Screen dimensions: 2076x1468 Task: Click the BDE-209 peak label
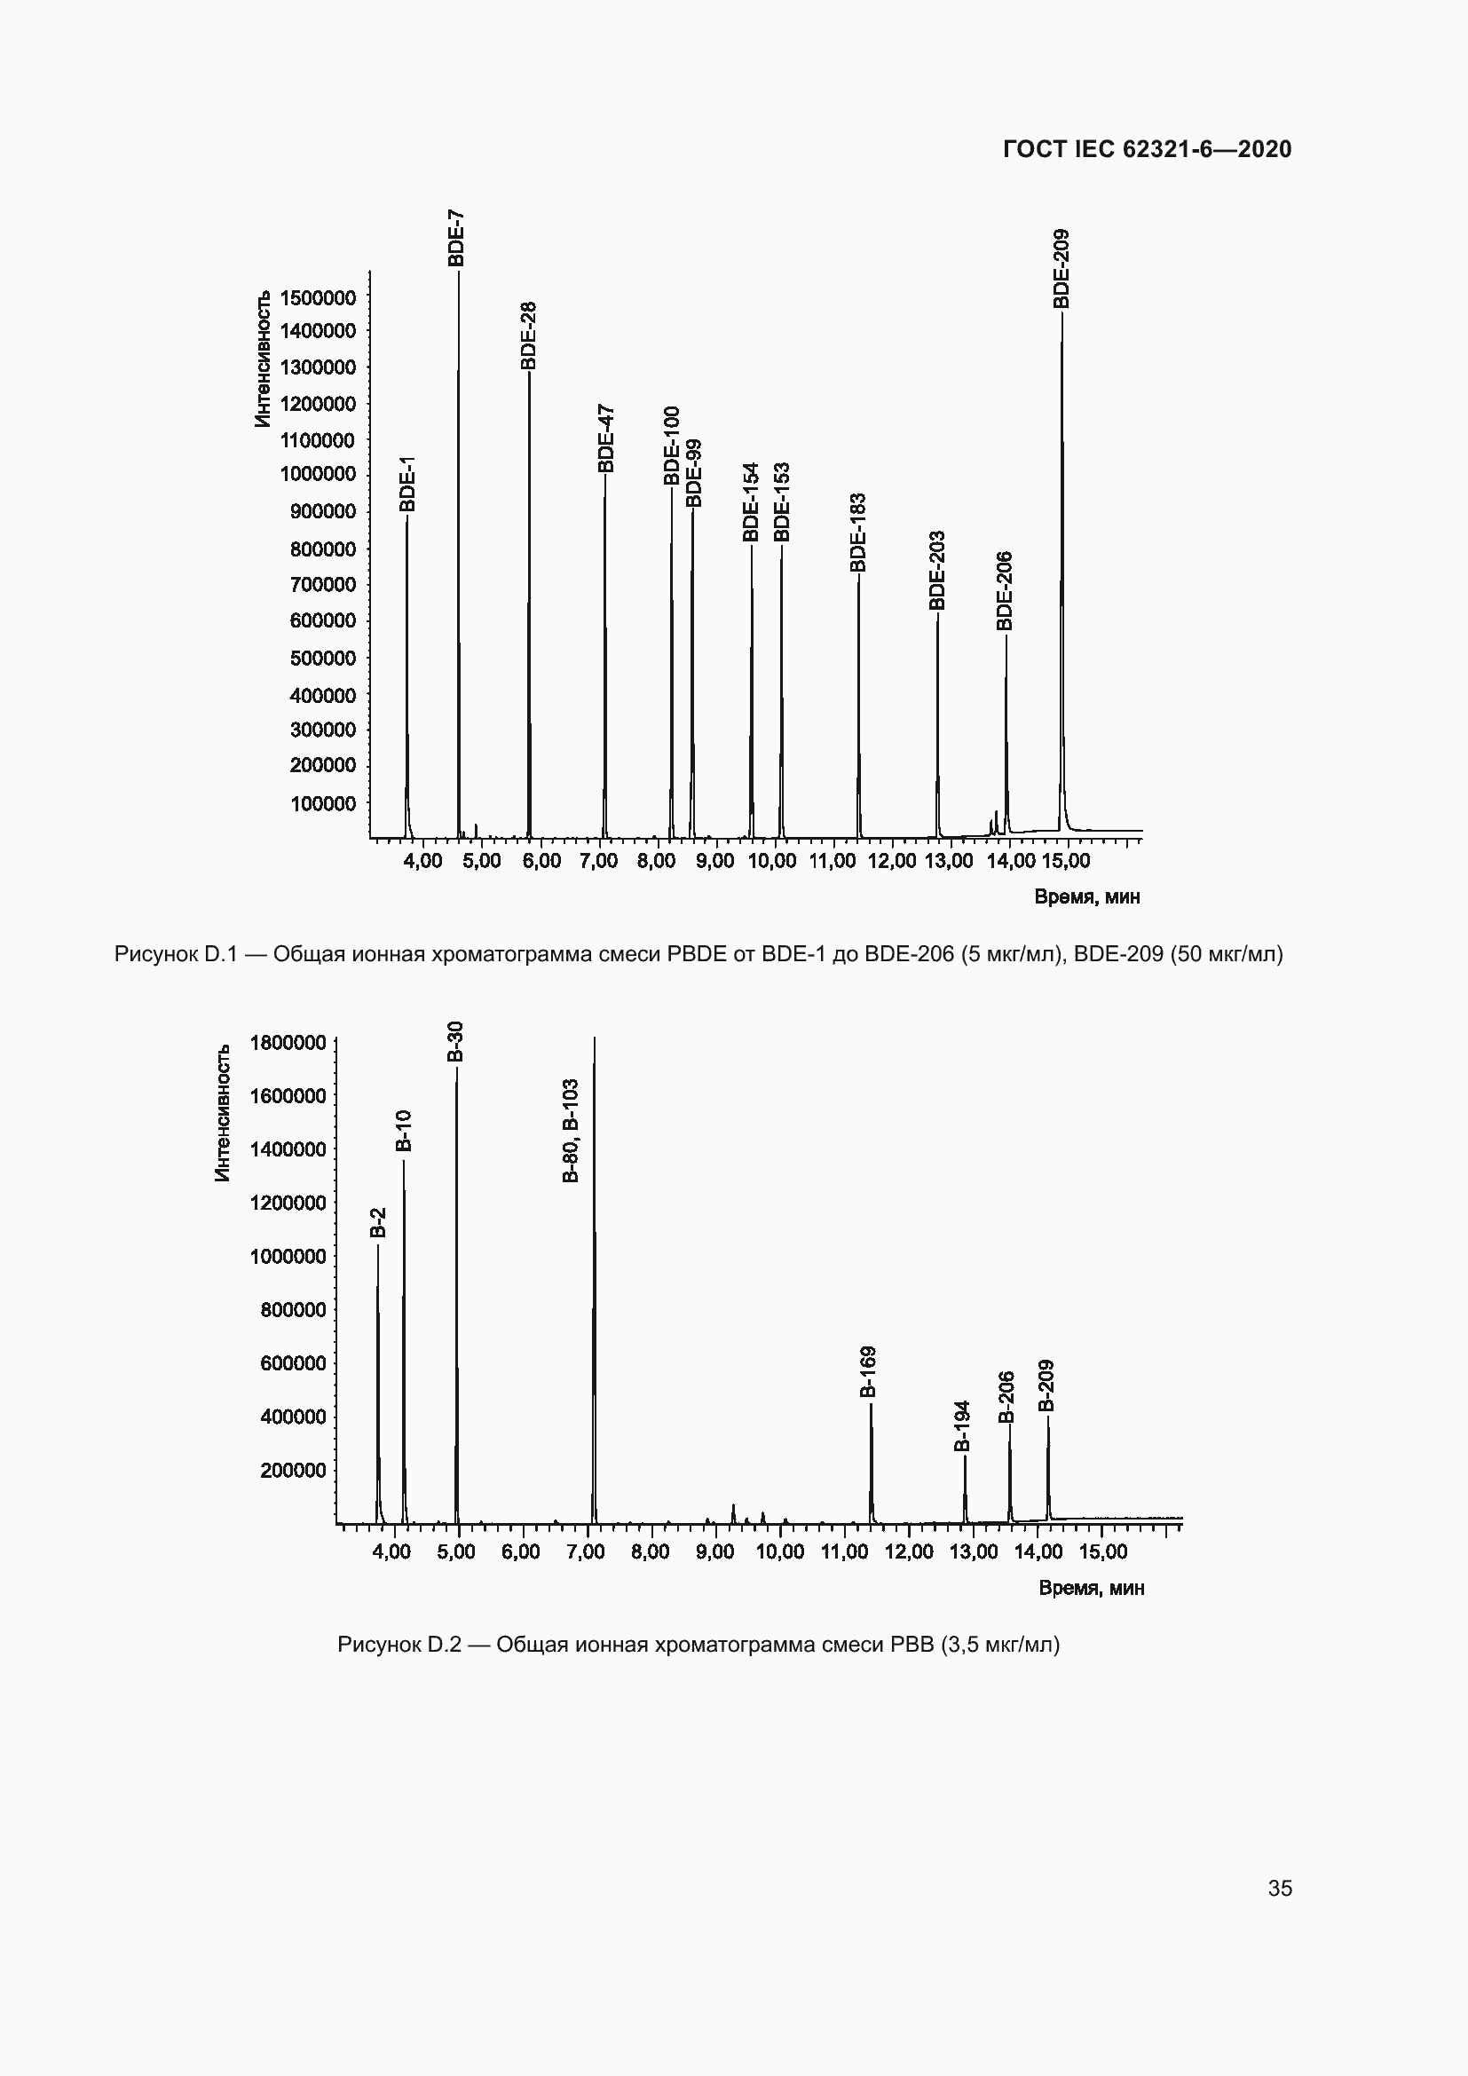[1062, 269]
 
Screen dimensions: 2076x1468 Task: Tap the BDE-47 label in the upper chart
[605, 438]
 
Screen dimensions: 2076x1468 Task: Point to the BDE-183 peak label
[858, 532]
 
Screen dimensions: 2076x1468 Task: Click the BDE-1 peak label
[407, 484]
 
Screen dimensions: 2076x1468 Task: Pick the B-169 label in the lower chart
[868, 1371]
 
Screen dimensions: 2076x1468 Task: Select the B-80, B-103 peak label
[571, 1131]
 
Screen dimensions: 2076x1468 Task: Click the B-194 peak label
[963, 1426]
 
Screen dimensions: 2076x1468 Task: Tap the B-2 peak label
[379, 1222]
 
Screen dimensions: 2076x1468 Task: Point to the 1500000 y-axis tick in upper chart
[319, 297]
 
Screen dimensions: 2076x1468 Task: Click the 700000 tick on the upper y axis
[323, 584]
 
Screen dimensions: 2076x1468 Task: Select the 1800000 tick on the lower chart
[288, 1043]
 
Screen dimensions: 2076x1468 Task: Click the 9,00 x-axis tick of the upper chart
[715, 861]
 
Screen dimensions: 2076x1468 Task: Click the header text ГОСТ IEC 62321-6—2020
[1147, 150]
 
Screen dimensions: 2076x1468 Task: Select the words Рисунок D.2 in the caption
[399, 1644]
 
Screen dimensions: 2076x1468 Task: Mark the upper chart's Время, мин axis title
[1086, 897]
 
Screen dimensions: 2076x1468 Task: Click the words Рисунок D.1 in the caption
[176, 954]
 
